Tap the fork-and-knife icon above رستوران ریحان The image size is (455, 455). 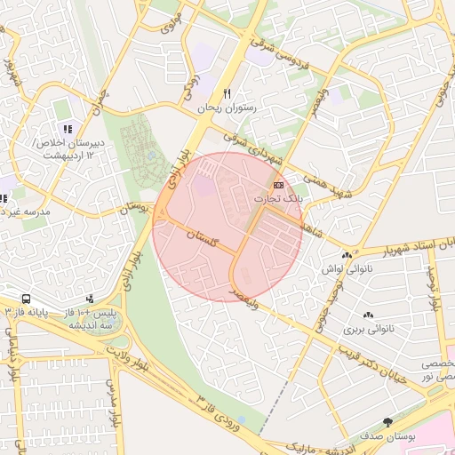click(x=227, y=93)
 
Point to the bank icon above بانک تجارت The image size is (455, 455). click(x=279, y=185)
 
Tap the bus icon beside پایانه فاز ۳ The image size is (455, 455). click(x=25, y=299)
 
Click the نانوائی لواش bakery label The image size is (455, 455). click(x=339, y=268)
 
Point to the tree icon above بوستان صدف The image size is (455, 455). click(x=387, y=422)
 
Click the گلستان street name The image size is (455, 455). click(x=204, y=237)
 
